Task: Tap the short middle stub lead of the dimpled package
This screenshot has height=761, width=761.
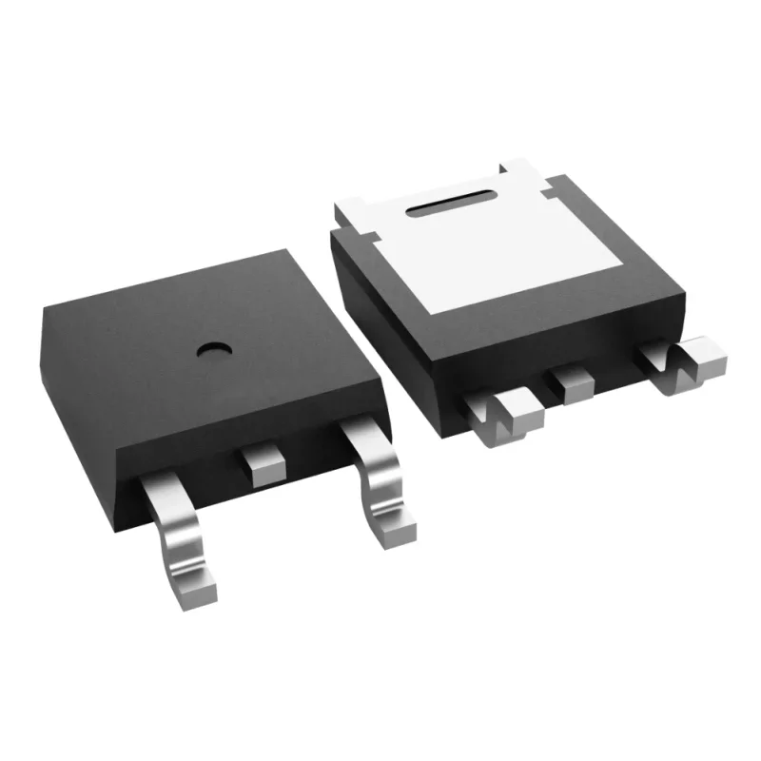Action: point(260,464)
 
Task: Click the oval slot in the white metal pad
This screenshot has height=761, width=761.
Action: point(453,201)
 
